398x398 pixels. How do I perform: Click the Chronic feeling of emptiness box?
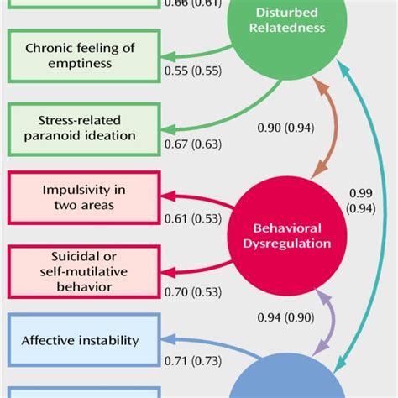80,56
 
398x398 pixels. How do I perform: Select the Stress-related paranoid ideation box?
80,128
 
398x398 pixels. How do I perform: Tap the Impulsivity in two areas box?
80,197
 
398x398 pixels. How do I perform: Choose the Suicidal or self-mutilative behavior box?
80,270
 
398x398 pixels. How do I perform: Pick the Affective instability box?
80,340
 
